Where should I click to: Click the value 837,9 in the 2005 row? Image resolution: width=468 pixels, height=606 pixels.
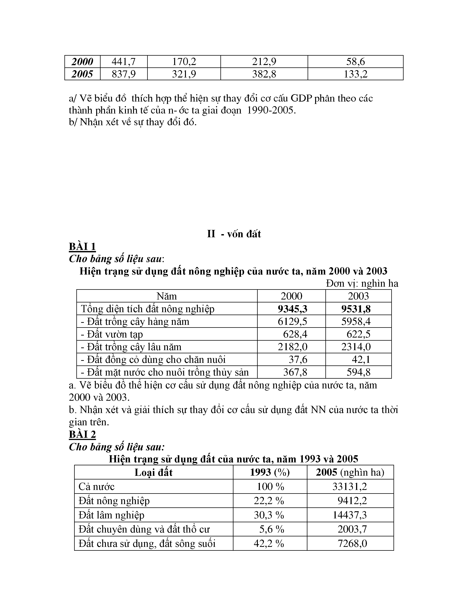tap(124, 74)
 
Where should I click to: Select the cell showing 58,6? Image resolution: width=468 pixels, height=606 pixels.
tap(355, 62)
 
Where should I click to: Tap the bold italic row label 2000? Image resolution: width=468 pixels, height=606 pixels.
tap(82, 62)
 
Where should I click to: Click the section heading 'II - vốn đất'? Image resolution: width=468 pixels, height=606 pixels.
tap(234, 234)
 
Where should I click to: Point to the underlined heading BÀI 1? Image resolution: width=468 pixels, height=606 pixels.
tap(82, 246)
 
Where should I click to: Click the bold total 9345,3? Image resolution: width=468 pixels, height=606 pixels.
tap(293, 309)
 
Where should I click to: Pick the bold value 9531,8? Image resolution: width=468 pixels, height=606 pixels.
tap(356, 309)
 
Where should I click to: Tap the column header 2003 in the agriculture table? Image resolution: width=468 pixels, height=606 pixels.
tap(358, 296)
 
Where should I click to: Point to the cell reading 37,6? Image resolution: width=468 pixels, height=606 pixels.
tap(298, 360)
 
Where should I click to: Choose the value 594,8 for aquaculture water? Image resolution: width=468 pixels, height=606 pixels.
tap(358, 372)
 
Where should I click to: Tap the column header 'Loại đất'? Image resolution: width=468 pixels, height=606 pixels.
tap(154, 472)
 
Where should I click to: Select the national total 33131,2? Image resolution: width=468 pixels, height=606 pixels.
tap(350, 486)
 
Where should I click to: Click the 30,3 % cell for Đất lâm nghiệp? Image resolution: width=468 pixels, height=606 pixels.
tap(269, 515)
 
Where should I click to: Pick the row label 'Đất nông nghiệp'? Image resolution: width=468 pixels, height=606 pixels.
tap(114, 501)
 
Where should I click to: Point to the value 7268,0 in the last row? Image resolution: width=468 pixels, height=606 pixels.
tap(352, 543)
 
